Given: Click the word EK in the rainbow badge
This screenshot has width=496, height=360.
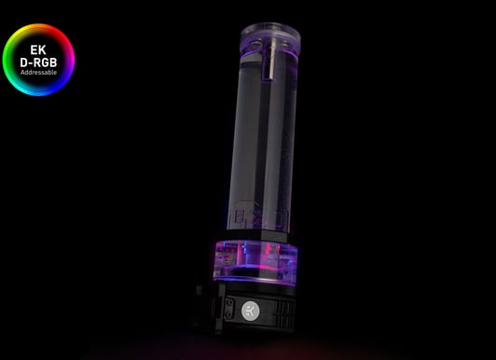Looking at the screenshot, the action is click(38, 50).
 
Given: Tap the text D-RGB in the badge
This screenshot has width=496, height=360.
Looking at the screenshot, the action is click(38, 62).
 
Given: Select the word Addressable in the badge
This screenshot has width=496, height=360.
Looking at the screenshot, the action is click(38, 73).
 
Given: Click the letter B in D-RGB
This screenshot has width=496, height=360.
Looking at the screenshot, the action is click(53, 62).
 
